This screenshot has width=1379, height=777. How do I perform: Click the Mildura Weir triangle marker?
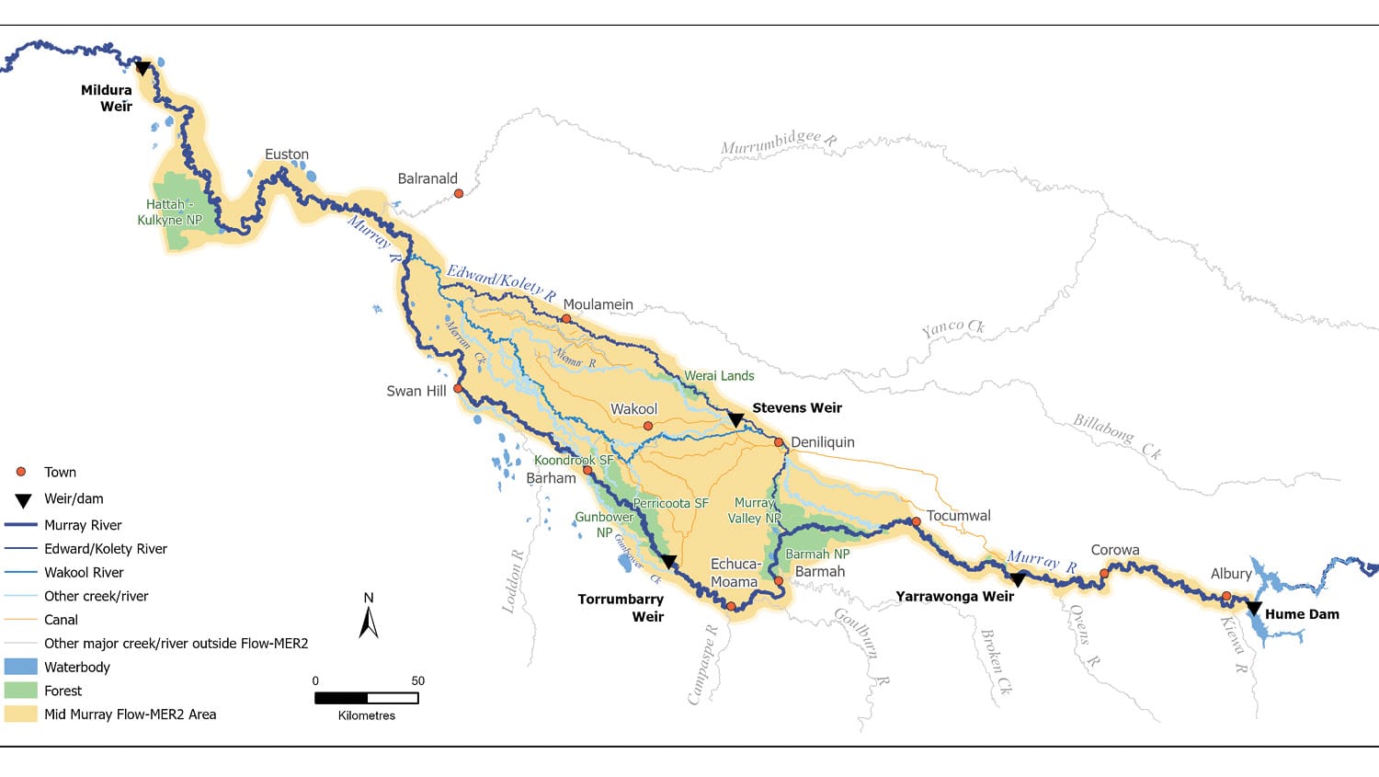[x=142, y=68]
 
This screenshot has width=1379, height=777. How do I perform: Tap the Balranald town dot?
[x=459, y=193]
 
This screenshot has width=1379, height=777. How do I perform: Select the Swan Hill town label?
[x=416, y=391]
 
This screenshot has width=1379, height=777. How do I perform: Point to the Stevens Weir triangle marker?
[x=735, y=420]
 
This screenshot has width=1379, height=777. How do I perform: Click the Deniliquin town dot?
[x=779, y=442]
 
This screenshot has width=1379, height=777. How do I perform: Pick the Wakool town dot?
[x=648, y=426]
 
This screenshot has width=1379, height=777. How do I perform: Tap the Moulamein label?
[x=598, y=304]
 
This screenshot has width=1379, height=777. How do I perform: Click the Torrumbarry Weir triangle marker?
[x=669, y=561]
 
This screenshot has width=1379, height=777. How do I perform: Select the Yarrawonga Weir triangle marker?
[x=1017, y=580]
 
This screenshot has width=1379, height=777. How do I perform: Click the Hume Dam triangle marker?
[x=1253, y=609]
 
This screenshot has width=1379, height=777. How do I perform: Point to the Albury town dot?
[x=1226, y=596]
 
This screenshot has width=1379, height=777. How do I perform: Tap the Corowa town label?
[x=1114, y=550]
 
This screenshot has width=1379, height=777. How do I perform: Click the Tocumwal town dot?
[x=916, y=521]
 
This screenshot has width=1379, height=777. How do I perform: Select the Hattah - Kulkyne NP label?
[x=169, y=212]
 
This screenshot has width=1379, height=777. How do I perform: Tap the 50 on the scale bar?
[x=417, y=680]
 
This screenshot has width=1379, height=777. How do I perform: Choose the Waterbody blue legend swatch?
[x=20, y=667]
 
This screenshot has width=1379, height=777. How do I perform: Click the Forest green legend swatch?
[x=20, y=691]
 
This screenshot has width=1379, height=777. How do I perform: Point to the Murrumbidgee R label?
[x=778, y=143]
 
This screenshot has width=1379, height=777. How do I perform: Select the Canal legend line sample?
[x=20, y=620]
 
